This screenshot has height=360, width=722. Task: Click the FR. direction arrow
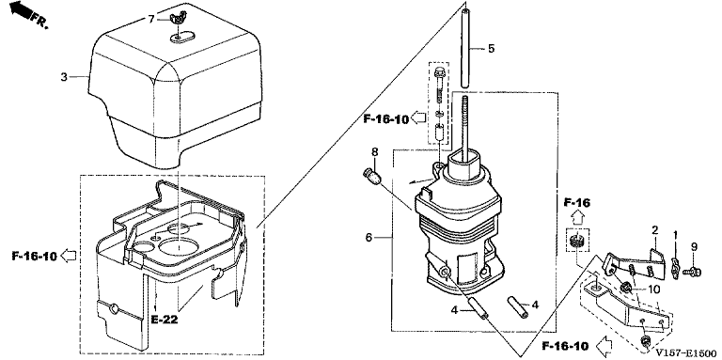tap(20, 10)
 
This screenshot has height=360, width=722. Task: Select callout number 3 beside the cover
tap(64, 76)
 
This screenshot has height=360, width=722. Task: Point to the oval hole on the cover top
tap(180, 37)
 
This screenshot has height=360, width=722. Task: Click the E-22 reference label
tap(164, 319)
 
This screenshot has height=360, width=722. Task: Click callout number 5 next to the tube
tap(492, 48)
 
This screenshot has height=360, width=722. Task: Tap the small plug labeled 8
tap(370, 178)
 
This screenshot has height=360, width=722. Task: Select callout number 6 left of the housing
tap(369, 238)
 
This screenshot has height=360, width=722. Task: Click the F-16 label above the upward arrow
tap(578, 202)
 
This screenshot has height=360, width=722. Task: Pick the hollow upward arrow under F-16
tap(579, 217)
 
